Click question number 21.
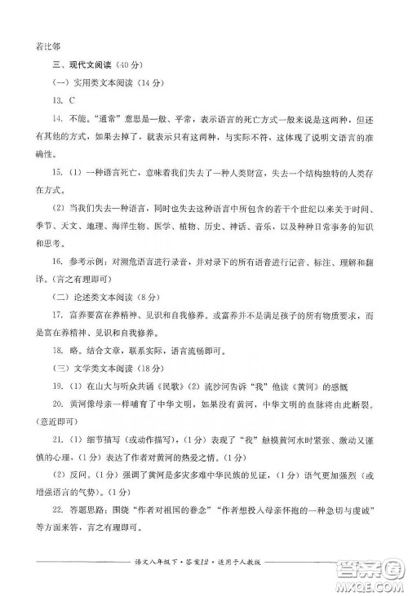pyautogui.click(x=56, y=439)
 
